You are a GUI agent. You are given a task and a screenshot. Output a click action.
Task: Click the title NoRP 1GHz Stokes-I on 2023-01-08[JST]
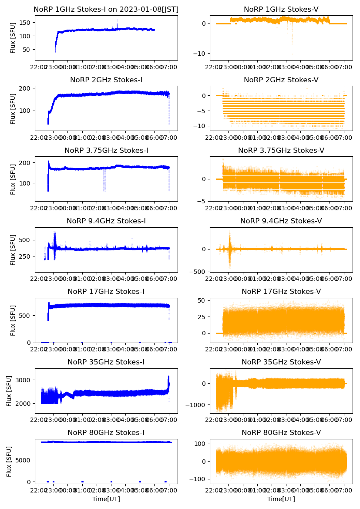(106, 9)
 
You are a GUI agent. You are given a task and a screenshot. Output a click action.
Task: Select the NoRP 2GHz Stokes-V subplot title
(281, 80)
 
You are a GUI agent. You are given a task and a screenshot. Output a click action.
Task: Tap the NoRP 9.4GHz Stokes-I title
(106, 221)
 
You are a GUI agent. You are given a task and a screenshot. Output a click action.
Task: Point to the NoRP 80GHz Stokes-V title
(281, 433)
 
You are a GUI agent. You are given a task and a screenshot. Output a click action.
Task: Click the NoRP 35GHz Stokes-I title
(106, 362)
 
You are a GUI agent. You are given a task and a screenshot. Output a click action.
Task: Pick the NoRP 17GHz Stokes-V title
(281, 292)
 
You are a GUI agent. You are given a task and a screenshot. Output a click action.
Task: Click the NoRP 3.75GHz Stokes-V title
(281, 151)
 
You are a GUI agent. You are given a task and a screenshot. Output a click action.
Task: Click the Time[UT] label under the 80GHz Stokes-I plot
(106, 499)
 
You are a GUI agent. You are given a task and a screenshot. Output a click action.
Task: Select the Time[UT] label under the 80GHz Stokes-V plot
(281, 499)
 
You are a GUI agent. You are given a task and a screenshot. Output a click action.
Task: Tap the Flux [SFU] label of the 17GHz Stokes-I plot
(13, 320)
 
